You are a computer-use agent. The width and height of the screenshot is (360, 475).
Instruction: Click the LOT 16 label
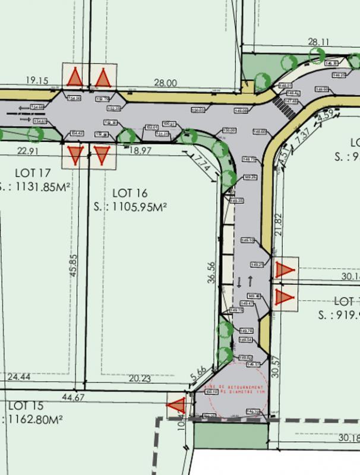click(129, 194)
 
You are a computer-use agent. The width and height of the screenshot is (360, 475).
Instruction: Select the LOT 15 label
click(26, 406)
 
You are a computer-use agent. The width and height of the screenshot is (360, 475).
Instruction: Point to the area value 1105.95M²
click(130, 207)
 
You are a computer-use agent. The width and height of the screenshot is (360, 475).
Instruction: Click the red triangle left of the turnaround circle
click(176, 406)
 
